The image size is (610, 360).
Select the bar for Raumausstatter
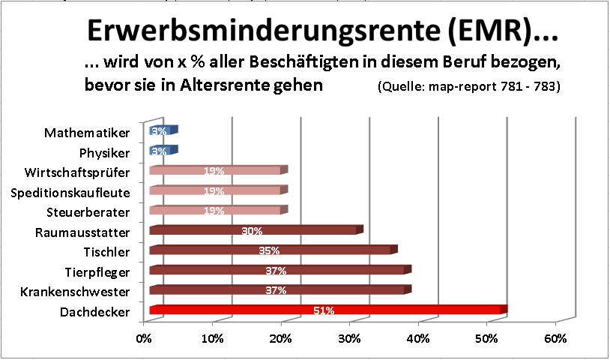pyautogui.click(x=300, y=230)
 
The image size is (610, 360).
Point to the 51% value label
pyautogui.click(x=324, y=310)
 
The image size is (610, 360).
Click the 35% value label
pyautogui.click(x=269, y=250)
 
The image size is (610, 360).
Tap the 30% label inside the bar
pyautogui.click(x=252, y=230)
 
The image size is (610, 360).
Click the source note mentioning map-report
pyautogui.click(x=470, y=86)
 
